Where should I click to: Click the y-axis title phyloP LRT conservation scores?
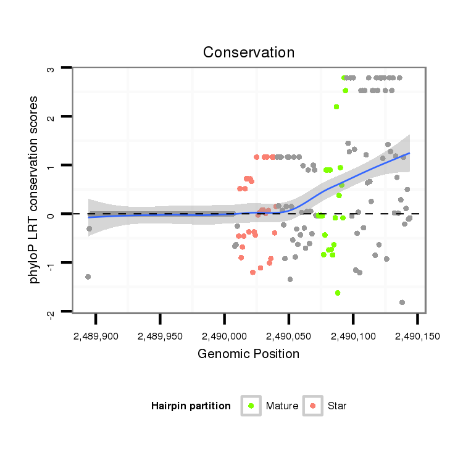pos(35,190)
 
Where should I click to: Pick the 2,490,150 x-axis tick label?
pos(417,337)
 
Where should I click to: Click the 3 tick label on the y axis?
pos(51,69)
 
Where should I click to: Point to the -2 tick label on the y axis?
pos(51,313)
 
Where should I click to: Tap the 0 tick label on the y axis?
pos(51,215)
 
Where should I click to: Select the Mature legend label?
pos(282,406)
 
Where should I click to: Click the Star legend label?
pos(337,406)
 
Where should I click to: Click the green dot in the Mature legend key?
pos(251,406)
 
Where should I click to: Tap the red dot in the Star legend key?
pos(313,406)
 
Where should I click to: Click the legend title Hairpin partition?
pos(191,406)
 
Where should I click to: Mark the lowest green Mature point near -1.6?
pos(338,293)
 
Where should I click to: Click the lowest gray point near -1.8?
pos(402,302)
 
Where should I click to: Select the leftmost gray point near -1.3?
pos(88,277)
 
